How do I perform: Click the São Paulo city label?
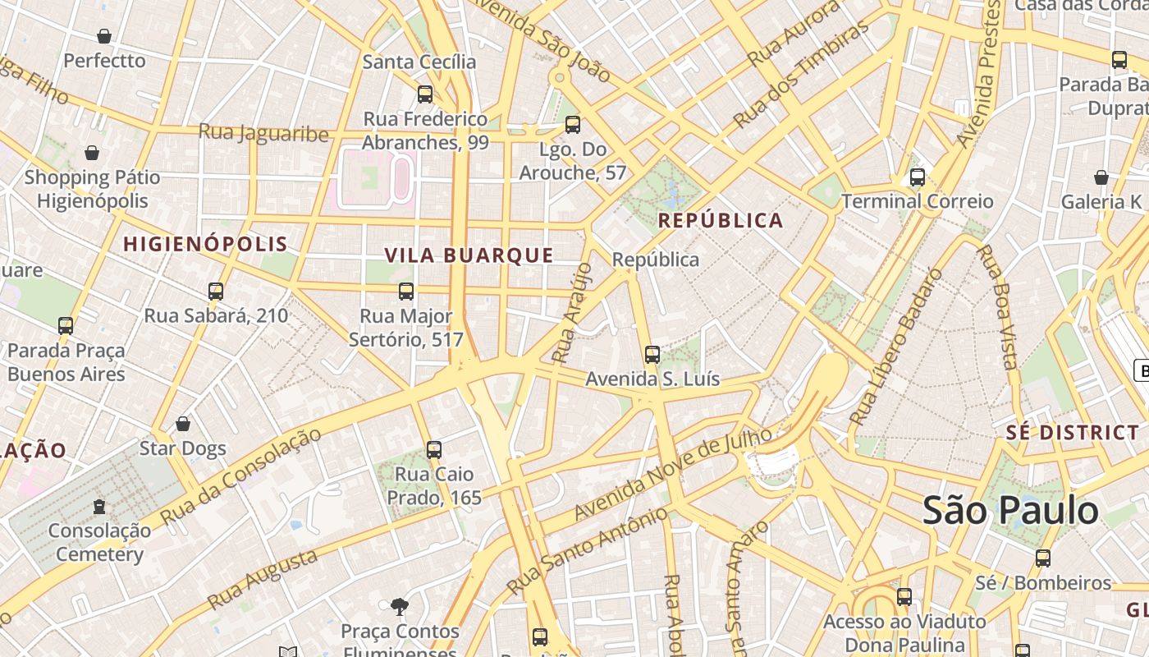click(x=1010, y=510)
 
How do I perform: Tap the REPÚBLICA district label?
click(x=721, y=220)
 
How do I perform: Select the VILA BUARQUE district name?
click(x=469, y=255)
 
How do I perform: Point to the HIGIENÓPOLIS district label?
click(x=205, y=244)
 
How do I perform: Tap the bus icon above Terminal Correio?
click(x=918, y=177)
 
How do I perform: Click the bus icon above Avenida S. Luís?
click(x=652, y=354)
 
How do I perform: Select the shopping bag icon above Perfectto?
click(x=104, y=36)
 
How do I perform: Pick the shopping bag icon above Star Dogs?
click(x=183, y=424)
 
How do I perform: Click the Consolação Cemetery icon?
click(x=99, y=506)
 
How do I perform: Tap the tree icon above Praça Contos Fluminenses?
click(x=400, y=607)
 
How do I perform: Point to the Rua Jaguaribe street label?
click(x=263, y=132)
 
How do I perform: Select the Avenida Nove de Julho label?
click(x=672, y=473)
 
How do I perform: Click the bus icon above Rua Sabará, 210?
click(x=216, y=291)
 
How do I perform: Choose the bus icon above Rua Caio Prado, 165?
click(x=434, y=449)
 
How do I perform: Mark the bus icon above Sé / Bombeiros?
click(x=1043, y=558)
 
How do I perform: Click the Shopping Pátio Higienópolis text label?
click(x=92, y=189)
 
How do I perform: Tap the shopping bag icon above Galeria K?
click(x=1101, y=177)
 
